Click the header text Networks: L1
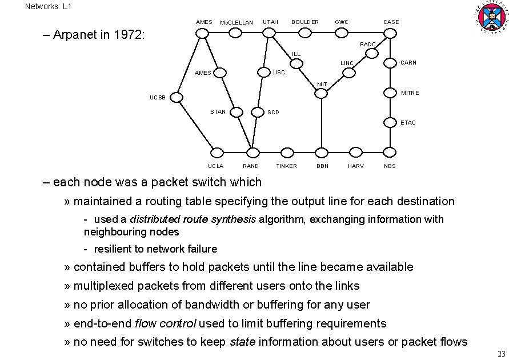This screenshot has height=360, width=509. click(49, 6)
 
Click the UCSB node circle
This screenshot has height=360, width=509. click(177, 98)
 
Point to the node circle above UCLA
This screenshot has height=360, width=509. click(217, 152)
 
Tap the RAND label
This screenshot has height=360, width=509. click(251, 166)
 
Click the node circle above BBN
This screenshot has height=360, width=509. click(322, 152)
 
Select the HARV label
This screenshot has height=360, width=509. click(355, 166)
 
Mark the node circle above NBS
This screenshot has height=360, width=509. click(390, 152)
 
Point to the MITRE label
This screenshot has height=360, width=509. click(410, 93)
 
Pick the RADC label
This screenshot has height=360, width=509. click(368, 45)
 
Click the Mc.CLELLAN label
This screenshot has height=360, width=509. click(237, 23)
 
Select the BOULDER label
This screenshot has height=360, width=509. click(305, 22)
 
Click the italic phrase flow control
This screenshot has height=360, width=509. click(165, 323)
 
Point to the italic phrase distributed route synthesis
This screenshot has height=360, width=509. click(193, 219)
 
